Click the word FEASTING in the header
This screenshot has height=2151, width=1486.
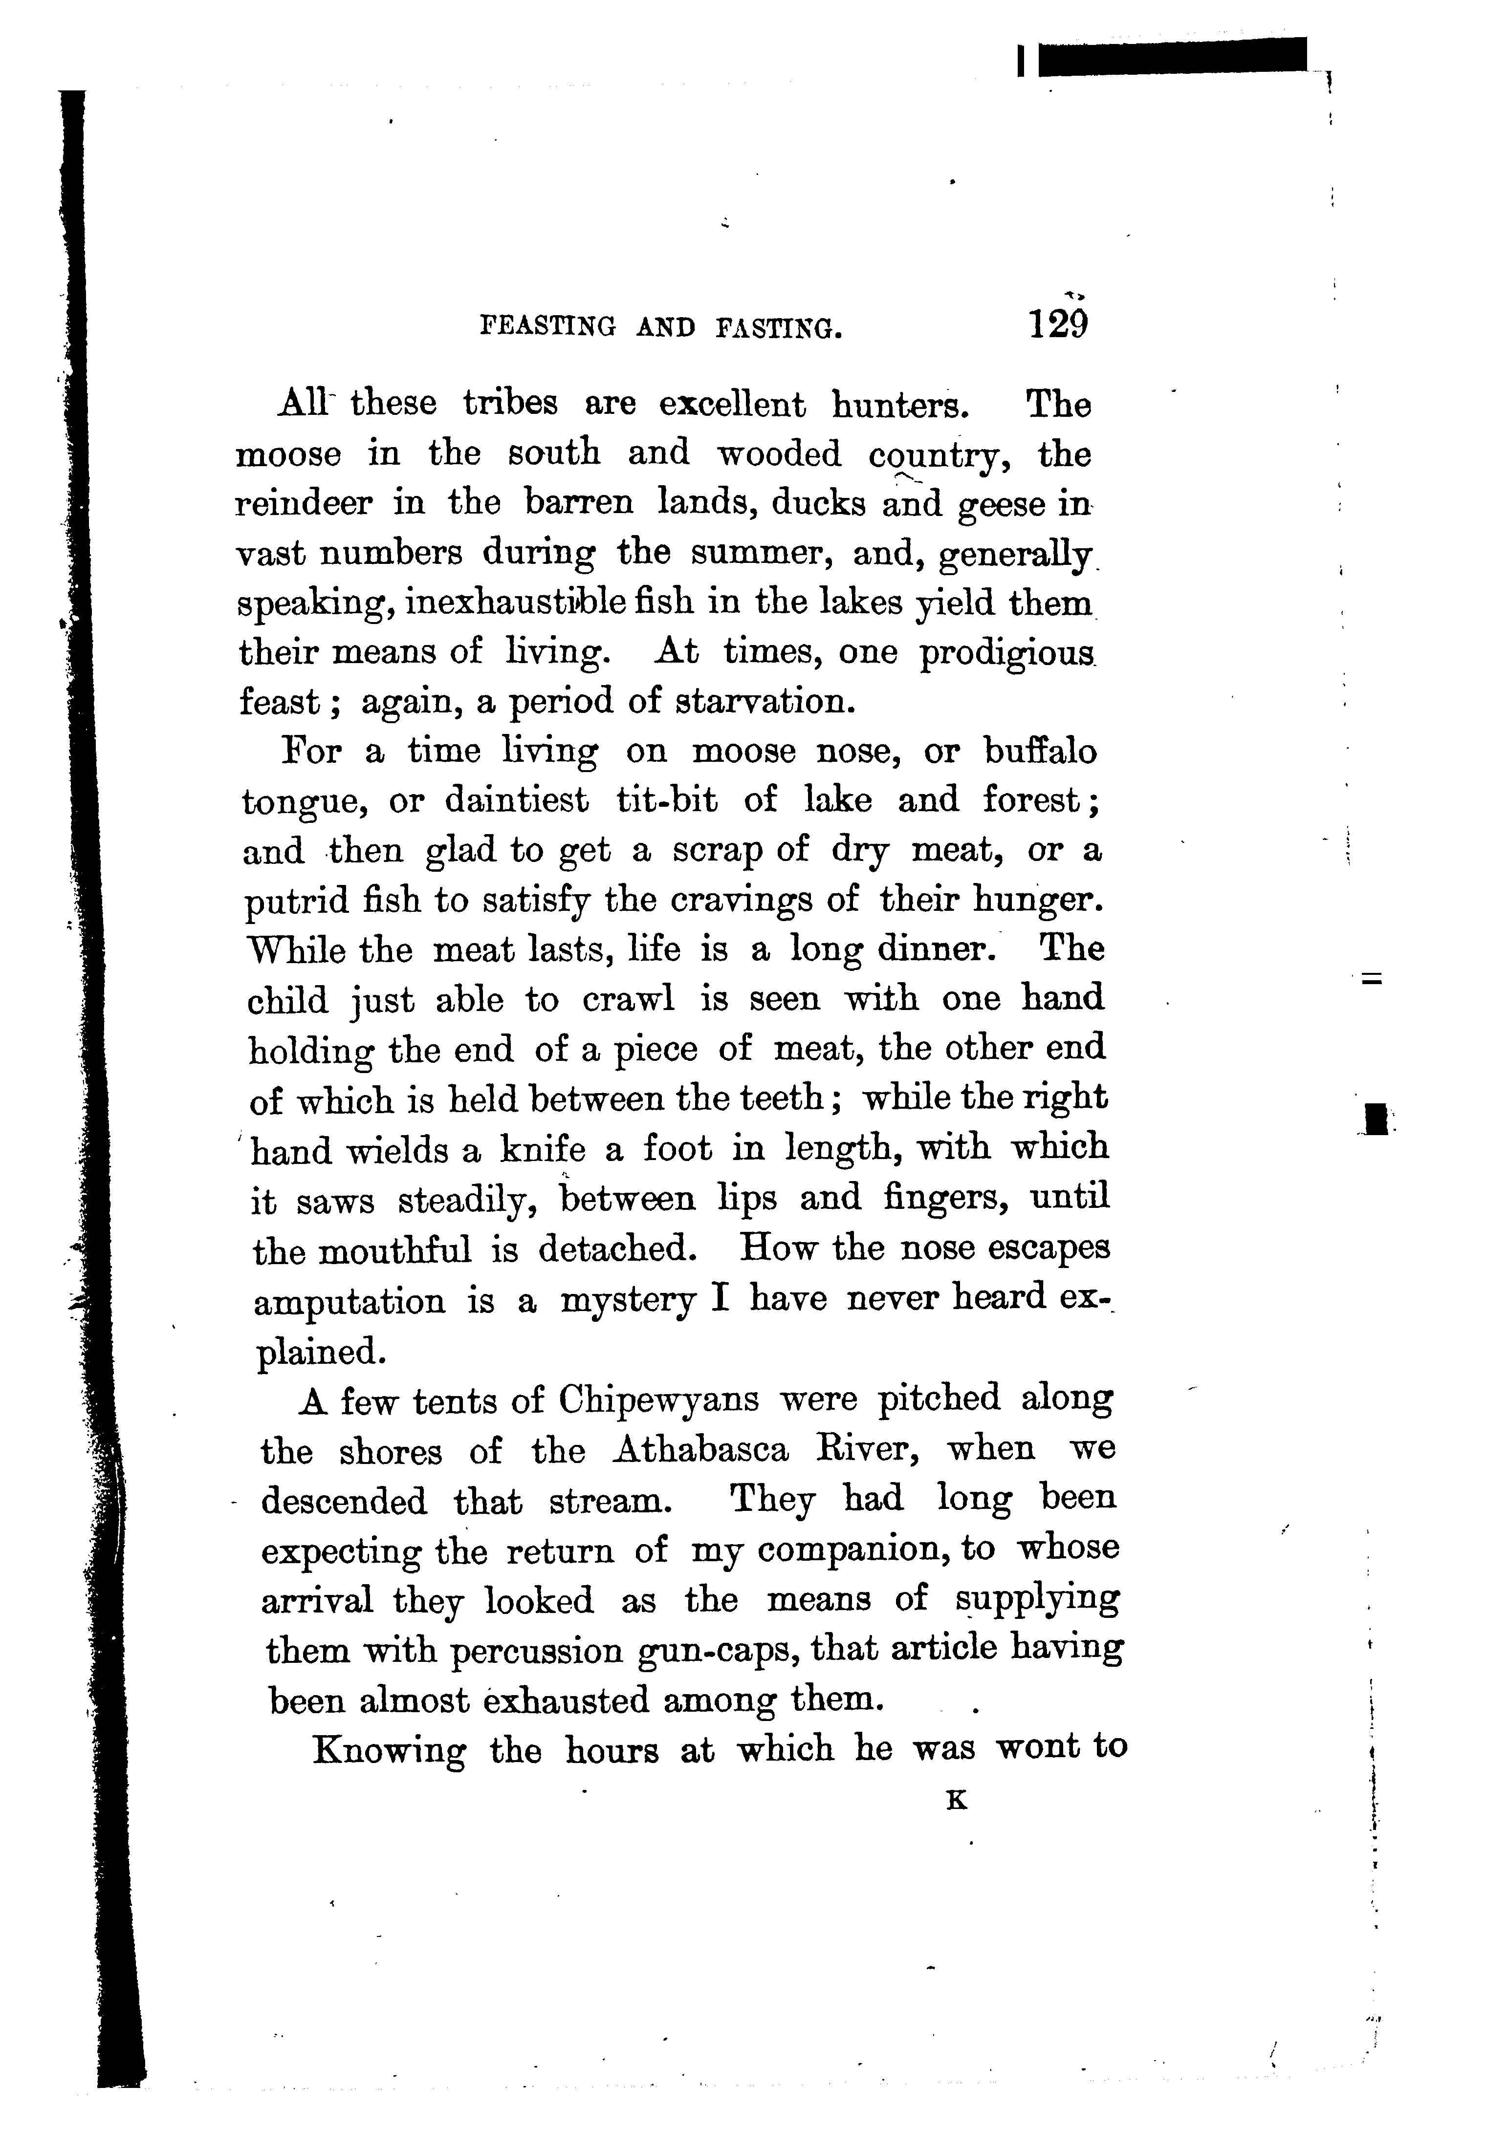pos(547,327)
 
